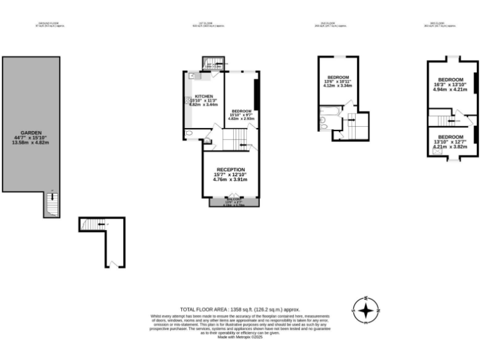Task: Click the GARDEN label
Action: click(31, 132)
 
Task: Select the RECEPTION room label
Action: click(231, 169)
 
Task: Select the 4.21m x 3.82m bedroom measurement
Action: click(450, 146)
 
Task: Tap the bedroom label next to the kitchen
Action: click(241, 110)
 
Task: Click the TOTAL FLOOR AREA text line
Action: click(240, 309)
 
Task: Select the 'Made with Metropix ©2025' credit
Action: click(240, 337)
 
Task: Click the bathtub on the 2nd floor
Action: click(327, 113)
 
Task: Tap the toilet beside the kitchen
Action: click(189, 133)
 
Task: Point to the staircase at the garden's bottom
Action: click(52, 204)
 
